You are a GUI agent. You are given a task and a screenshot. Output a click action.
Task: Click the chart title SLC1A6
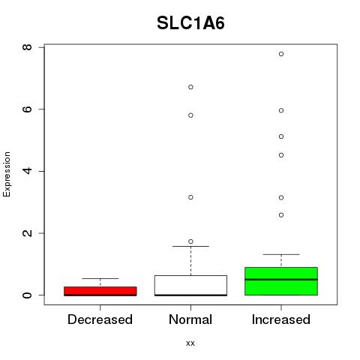[x=190, y=23]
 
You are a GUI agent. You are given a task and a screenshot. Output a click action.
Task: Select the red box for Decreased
[x=100, y=291]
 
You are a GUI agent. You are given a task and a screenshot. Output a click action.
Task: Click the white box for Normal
[x=190, y=285]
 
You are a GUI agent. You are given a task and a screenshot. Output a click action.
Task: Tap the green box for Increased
[x=281, y=281]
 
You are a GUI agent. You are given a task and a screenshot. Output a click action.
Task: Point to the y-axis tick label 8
[x=27, y=47]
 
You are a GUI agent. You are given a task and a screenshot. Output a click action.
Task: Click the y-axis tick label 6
[x=27, y=109]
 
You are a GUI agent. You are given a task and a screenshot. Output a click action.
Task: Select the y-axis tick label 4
[x=27, y=171]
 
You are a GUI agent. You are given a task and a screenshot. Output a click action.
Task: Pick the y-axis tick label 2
[x=27, y=233]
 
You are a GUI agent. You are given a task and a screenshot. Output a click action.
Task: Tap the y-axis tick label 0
[x=27, y=295]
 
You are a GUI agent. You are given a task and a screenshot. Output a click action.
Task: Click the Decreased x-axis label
[x=100, y=319]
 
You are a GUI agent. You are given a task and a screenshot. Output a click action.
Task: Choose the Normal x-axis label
[x=190, y=319]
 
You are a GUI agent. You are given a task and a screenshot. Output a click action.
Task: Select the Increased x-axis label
[x=281, y=319]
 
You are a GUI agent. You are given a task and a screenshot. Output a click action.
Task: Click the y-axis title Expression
[x=7, y=174]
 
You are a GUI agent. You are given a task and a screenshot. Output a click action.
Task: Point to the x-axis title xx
[x=190, y=343]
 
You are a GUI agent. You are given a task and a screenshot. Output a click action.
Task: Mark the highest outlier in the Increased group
[x=281, y=54]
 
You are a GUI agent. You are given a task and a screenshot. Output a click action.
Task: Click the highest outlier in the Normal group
[x=190, y=87]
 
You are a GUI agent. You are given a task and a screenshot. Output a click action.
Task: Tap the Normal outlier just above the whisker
[x=190, y=241]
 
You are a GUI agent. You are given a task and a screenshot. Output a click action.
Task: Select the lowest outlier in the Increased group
[x=281, y=215]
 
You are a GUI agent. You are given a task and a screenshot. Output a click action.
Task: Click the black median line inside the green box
[x=281, y=280]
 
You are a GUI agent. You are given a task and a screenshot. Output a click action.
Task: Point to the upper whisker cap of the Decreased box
[x=100, y=278]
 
